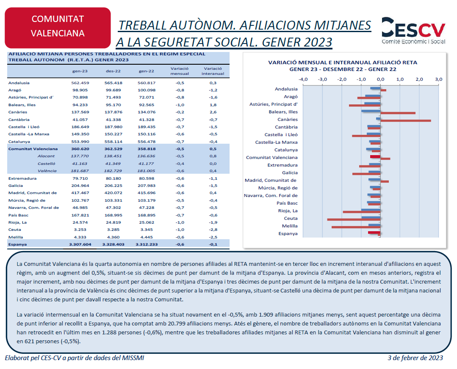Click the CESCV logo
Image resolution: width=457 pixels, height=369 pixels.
[x=413, y=31]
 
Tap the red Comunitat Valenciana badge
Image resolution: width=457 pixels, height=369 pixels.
[x=58, y=27]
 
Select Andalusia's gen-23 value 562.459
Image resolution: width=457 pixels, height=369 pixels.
[x=80, y=83]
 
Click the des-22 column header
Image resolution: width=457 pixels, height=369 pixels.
[x=113, y=71]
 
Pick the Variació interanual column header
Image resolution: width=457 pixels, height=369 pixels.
[x=213, y=71]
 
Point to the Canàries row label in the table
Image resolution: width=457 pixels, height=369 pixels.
[x=18, y=112]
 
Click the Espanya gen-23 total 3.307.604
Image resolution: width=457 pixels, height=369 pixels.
[x=80, y=245]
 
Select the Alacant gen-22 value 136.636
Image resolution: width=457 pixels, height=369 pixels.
[x=147, y=156]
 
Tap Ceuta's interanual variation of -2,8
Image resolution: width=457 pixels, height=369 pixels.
[x=213, y=230]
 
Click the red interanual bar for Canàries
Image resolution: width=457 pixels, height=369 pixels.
[x=406, y=120]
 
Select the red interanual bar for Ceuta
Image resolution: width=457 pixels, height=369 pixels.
[x=354, y=219]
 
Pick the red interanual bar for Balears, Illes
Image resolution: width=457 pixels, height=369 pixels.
[x=398, y=113]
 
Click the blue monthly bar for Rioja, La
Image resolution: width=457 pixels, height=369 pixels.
[x=371, y=210]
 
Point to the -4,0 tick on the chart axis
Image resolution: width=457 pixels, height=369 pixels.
[x=303, y=79]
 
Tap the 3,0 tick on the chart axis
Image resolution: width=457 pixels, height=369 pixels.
[x=439, y=79]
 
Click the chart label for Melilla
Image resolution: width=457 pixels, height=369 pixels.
[x=290, y=226]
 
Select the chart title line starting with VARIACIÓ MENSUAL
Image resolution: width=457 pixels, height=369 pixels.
[x=343, y=63]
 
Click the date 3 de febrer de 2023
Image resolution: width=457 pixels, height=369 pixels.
[x=415, y=358]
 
